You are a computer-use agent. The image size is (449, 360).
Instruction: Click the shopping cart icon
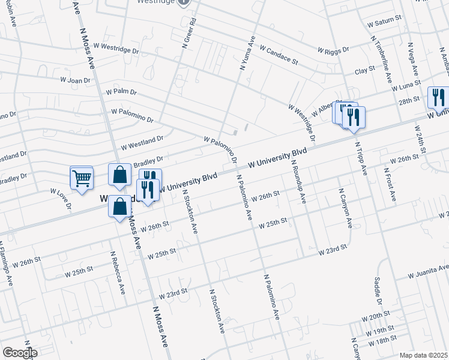click(x=82, y=178)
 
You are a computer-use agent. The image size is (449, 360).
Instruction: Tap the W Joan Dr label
click(x=75, y=80)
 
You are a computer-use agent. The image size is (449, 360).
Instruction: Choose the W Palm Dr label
click(x=121, y=92)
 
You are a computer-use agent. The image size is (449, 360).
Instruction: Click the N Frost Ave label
click(x=388, y=183)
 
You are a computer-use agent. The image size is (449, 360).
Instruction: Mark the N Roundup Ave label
click(x=299, y=182)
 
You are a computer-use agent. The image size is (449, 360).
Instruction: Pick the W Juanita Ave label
click(x=428, y=272)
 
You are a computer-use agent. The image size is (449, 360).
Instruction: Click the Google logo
click(x=19, y=352)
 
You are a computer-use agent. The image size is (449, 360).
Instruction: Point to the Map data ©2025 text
click(x=423, y=355)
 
